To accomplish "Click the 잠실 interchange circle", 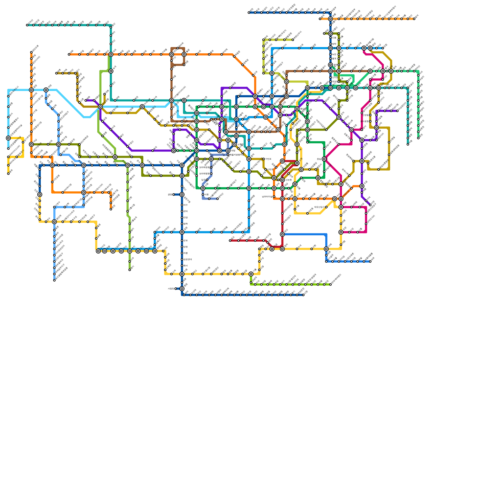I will (x=324, y=159).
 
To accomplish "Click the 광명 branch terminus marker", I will (x=173, y=195).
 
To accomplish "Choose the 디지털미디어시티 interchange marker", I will (x=172, y=100).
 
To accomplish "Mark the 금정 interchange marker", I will (x=182, y=232).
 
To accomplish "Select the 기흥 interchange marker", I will (x=251, y=274).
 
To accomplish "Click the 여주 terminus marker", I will (x=370, y=261).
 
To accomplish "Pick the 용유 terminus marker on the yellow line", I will (x=8, y=174).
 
